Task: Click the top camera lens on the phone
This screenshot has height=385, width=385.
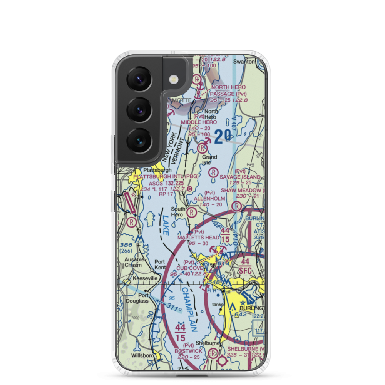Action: click(139, 79)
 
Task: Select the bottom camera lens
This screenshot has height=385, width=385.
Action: click(139, 141)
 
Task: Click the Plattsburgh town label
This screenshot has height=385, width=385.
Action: click(157, 170)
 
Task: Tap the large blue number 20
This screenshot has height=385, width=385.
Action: click(223, 136)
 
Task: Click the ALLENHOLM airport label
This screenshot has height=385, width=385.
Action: click(209, 198)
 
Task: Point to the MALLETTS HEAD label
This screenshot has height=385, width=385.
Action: click(198, 238)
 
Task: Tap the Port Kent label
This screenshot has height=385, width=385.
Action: click(160, 264)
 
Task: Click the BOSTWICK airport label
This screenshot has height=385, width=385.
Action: click(188, 352)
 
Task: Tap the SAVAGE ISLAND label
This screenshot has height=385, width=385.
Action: click(240, 177)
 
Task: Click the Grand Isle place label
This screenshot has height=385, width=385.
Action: click(209, 159)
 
